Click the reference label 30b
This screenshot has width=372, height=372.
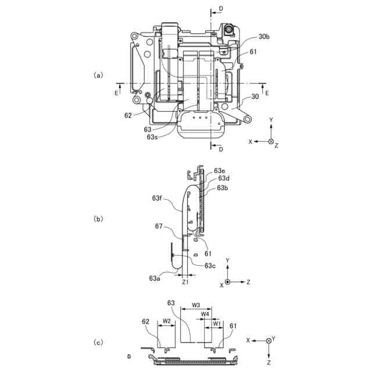pyautogui.click(x=264, y=37)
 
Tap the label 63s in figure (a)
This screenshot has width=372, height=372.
pyautogui.click(x=152, y=137)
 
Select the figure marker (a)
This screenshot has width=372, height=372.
pyautogui.click(x=98, y=75)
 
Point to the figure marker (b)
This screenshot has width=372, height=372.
pyautogui.click(x=98, y=219)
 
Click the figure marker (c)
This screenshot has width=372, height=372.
pyautogui.click(x=98, y=342)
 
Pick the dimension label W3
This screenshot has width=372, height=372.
pyautogui.click(x=196, y=305)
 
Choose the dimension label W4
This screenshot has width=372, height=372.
pyautogui.click(x=205, y=314)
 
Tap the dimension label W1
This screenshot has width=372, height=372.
pyautogui.click(x=217, y=323)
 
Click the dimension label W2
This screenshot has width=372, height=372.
pyautogui.click(x=167, y=321)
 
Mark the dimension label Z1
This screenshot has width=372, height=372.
pyautogui.click(x=185, y=282)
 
